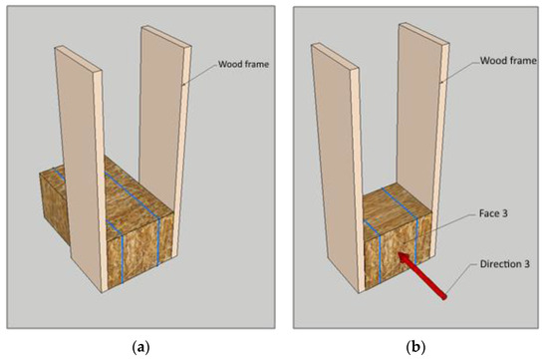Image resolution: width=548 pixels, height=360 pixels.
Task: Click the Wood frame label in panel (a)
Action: pyautogui.click(x=243, y=65)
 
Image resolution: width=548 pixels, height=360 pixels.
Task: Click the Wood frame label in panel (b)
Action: pyautogui.click(x=508, y=61)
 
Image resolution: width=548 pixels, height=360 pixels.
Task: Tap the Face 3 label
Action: pyautogui.click(x=493, y=213)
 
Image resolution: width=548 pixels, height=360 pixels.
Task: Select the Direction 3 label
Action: pyautogui.click(x=505, y=264)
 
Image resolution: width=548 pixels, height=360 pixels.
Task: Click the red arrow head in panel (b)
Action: pyautogui.click(x=404, y=258)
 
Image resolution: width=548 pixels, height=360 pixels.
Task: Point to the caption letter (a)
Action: pyautogui.click(x=141, y=348)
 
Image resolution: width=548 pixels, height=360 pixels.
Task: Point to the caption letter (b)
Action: pyautogui.click(x=415, y=348)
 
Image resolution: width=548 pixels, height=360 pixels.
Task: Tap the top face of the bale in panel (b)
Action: pyautogui.click(x=398, y=207)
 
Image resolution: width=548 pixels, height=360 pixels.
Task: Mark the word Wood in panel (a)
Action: pyautogui.click(x=229, y=65)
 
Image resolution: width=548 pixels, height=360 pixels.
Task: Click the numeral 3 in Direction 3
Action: pyautogui.click(x=527, y=264)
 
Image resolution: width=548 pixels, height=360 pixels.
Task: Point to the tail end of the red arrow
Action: pyautogui.click(x=444, y=298)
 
